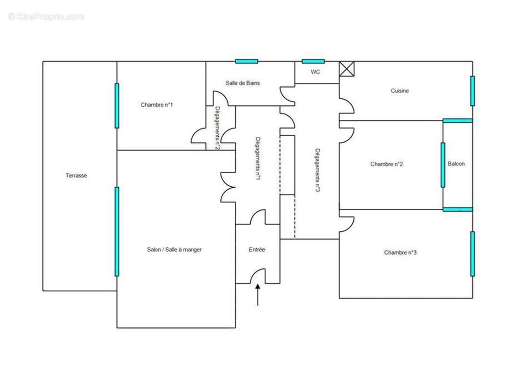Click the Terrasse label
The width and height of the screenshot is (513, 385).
click(x=76, y=176)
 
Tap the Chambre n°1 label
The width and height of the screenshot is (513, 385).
click(x=157, y=105)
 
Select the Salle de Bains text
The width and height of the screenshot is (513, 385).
click(x=243, y=83)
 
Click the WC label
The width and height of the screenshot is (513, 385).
click(x=315, y=72)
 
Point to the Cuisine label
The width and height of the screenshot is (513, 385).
click(x=399, y=91)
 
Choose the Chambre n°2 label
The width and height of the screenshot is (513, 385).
click(x=386, y=164)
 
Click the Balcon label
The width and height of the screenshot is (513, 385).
click(x=456, y=164)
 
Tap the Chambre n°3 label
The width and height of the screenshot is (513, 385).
click(x=400, y=253)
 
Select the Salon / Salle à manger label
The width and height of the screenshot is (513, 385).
click(x=174, y=250)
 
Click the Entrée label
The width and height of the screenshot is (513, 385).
click(x=257, y=250)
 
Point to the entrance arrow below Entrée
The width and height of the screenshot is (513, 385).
click(x=258, y=295)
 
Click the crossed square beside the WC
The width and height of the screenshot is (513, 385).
click(x=346, y=69)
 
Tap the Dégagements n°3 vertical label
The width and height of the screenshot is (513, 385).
click(x=317, y=170)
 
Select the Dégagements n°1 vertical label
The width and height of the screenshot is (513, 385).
click(x=258, y=158)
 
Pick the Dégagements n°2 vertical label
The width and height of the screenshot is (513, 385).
click(x=217, y=128)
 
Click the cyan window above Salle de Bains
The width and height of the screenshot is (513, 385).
click(x=247, y=61)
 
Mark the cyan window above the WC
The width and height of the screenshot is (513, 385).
click(x=313, y=61)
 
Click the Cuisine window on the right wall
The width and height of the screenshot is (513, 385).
click(x=473, y=91)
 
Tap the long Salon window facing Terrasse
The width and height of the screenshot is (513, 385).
click(x=117, y=231)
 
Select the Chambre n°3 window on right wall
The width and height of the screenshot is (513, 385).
click(x=473, y=254)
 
